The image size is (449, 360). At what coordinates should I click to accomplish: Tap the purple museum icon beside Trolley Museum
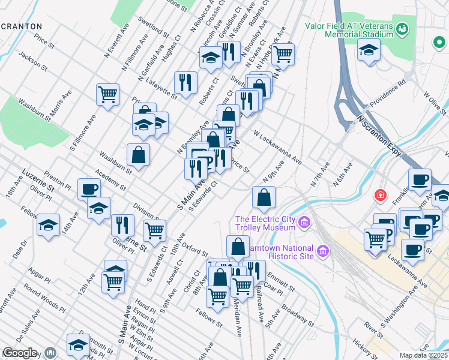[x=304, y=223]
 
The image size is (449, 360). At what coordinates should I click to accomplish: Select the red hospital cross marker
[x=379, y=195]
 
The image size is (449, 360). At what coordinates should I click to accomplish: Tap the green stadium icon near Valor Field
[x=403, y=28]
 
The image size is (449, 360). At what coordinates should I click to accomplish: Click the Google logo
[x=19, y=353]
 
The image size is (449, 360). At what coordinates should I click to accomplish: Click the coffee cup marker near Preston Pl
[x=89, y=189]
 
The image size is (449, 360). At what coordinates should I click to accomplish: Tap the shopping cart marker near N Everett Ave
[x=107, y=94]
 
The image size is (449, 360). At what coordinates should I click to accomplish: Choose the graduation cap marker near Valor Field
[x=369, y=50]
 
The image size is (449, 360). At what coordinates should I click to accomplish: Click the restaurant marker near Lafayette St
[x=185, y=82]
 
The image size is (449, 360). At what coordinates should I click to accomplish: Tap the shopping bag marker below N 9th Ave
[x=264, y=196]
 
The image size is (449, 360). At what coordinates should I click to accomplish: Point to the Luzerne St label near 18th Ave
[x=38, y=180]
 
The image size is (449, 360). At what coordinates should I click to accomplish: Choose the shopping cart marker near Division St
[x=154, y=230]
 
